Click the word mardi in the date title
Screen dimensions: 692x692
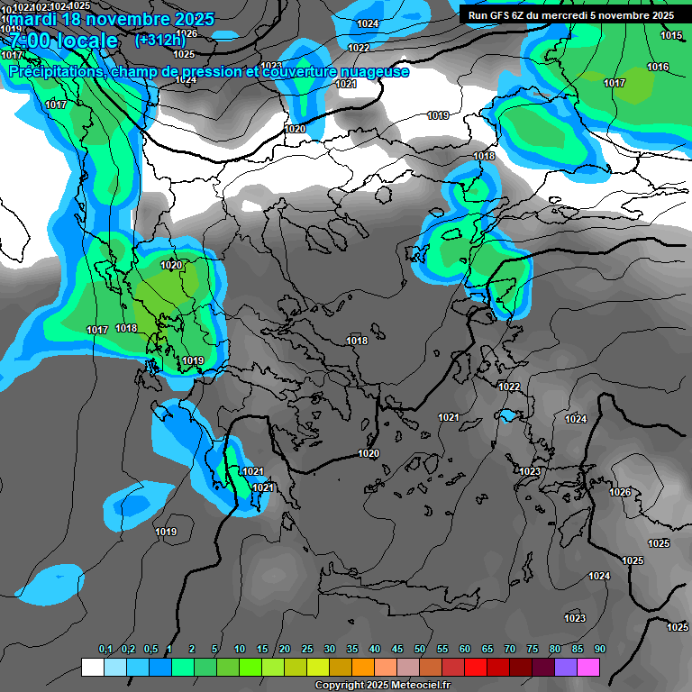pos(37,19)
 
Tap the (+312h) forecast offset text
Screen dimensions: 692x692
pos(159,40)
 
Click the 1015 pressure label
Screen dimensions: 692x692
pos(671,35)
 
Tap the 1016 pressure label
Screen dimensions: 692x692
pos(658,67)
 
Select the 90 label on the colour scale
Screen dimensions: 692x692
pos(599,650)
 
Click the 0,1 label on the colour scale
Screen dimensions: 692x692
pos(105,650)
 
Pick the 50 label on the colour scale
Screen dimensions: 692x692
pos(420,650)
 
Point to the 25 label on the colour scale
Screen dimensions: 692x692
pos(306,650)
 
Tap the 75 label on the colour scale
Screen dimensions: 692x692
pos(532,650)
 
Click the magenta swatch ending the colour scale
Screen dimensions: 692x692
pos(588,667)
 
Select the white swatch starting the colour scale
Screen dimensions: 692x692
pos(92,667)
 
